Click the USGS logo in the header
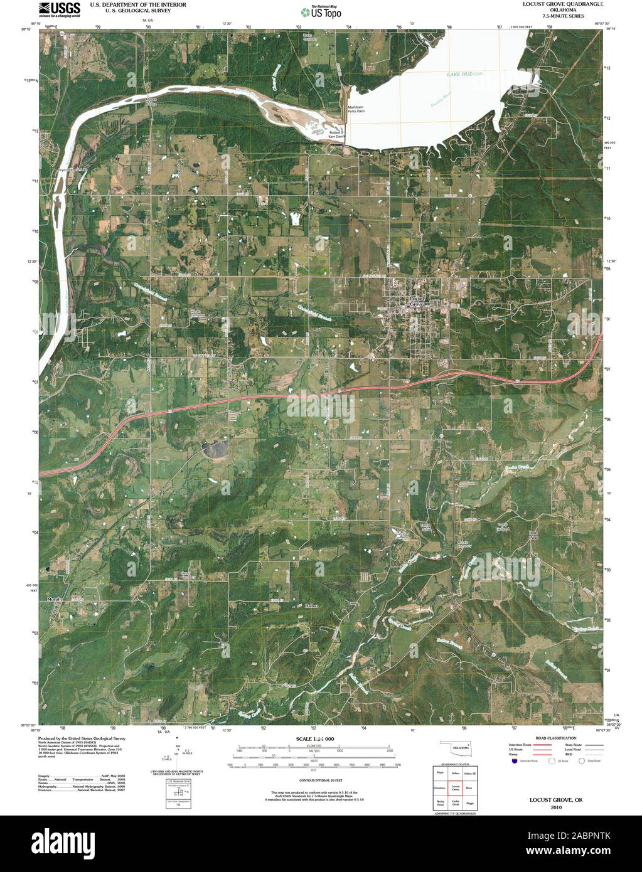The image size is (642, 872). point(60,9)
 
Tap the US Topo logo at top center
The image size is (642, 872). point(321,11)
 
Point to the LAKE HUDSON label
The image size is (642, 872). point(464,75)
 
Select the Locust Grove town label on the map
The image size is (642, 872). point(417,300)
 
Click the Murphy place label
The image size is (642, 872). point(56,600)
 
